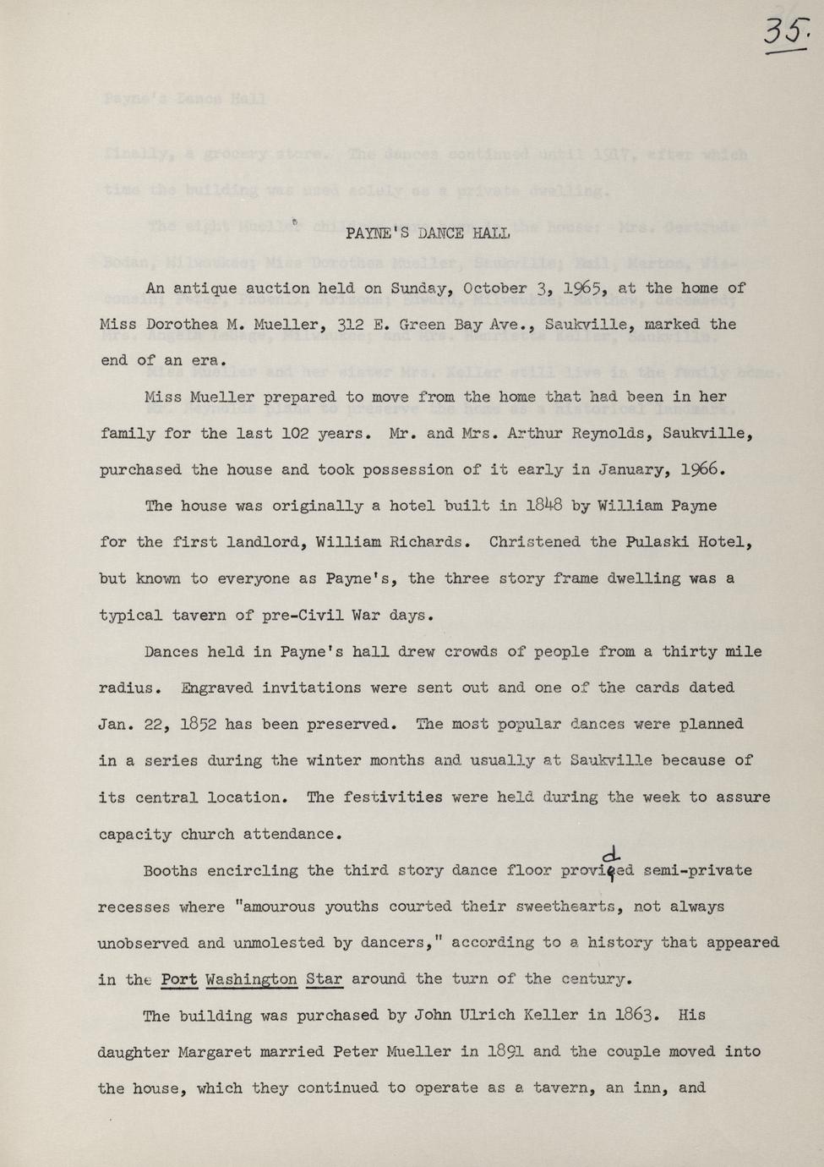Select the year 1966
point(699,470)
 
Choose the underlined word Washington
point(251,979)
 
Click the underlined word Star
point(324,979)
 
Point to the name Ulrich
point(307,1016)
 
